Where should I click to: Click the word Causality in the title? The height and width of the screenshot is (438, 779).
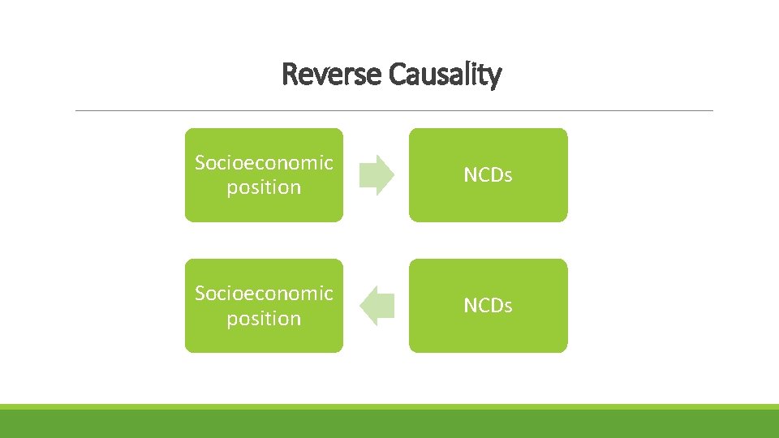tap(445, 75)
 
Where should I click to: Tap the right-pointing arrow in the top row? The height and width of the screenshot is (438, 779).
tap(376, 175)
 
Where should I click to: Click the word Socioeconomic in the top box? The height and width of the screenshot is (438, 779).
tap(264, 163)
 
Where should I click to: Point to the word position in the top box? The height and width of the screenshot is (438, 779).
tap(264, 187)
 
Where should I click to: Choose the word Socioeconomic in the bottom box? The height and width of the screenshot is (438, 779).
tap(264, 294)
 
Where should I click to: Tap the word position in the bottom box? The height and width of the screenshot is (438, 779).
tap(264, 319)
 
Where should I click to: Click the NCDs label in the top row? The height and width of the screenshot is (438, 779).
tap(488, 175)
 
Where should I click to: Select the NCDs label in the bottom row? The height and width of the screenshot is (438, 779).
tap(488, 306)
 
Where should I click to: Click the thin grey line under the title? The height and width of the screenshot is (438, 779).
tap(394, 110)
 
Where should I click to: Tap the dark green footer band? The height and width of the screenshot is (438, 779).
tap(389, 423)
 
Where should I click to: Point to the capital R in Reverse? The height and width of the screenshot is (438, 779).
tap(289, 75)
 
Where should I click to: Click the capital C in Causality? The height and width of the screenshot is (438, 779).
tap(396, 75)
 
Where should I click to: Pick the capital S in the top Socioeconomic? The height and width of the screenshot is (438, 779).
tap(200, 163)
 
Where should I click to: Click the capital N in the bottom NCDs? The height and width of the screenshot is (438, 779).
tap(470, 306)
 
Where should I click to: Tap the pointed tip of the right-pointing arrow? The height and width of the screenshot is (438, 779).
tap(393, 175)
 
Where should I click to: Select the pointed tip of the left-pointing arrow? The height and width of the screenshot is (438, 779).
tap(359, 306)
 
